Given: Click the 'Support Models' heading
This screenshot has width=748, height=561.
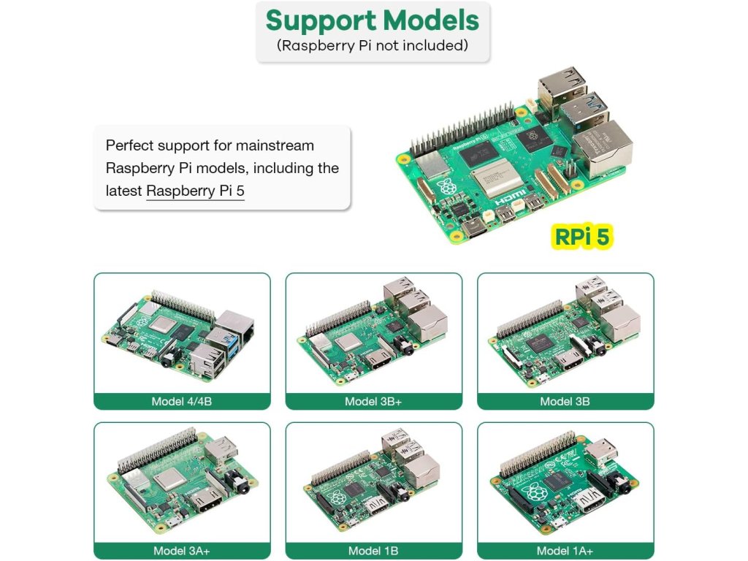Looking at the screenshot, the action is (x=373, y=20).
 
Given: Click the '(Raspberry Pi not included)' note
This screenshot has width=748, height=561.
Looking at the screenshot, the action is (x=373, y=45).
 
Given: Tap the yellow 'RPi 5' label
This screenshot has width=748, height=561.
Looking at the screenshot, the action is (x=581, y=237).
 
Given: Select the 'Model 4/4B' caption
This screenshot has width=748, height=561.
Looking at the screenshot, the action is (x=182, y=401).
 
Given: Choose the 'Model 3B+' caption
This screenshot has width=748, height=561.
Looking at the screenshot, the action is (x=373, y=401).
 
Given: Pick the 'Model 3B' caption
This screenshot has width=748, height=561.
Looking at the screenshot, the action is (x=565, y=401).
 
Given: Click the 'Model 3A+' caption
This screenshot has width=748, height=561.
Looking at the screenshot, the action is (x=182, y=551).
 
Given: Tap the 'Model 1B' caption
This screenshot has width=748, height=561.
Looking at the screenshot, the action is (x=373, y=551).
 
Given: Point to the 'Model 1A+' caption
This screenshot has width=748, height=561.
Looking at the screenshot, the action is (x=565, y=551).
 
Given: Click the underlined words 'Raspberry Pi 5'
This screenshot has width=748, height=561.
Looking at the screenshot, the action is (x=195, y=191).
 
